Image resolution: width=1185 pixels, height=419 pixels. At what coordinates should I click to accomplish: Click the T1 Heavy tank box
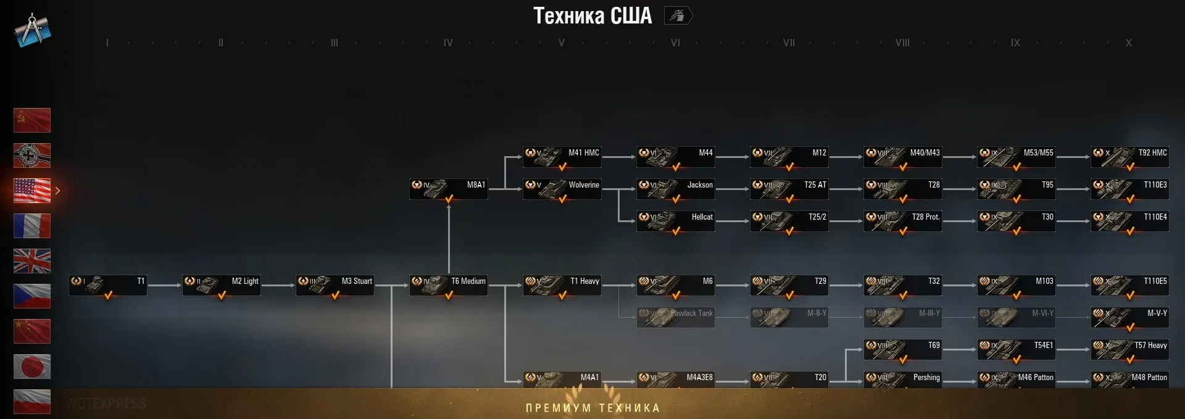pos(562,284)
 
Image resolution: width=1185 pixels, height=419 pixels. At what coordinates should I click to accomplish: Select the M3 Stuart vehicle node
pos(335,284)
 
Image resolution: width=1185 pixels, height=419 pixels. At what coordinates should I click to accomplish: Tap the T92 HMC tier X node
pos(1129,156)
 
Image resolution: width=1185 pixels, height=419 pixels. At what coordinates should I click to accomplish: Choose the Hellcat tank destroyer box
pos(675,220)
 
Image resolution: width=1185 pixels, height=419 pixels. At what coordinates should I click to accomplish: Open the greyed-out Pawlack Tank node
pos(675,317)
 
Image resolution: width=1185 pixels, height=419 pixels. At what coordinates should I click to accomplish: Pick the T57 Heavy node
pos(1129,349)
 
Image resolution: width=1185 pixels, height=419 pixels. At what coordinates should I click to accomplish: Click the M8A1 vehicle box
pos(448,188)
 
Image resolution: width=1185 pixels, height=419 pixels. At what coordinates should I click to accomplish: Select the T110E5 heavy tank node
pos(1129,284)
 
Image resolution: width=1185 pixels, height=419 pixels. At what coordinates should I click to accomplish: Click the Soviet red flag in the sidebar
pos(32,120)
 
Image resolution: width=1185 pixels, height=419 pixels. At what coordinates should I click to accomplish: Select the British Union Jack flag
pos(32,261)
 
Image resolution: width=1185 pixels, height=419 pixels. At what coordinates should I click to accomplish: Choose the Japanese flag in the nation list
pos(32,367)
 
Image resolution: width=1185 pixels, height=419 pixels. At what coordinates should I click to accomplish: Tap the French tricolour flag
pos(32,226)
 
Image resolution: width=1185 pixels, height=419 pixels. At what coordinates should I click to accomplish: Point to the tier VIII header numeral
pos(902,43)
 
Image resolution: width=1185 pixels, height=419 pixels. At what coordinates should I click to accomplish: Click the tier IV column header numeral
pos(448,43)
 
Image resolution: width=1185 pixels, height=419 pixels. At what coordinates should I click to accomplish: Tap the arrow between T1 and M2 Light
pos(164,285)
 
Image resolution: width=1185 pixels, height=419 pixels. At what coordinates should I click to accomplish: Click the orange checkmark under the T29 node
pos(789,296)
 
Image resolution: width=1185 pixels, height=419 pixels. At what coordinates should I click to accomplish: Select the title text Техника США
pos(592,16)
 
